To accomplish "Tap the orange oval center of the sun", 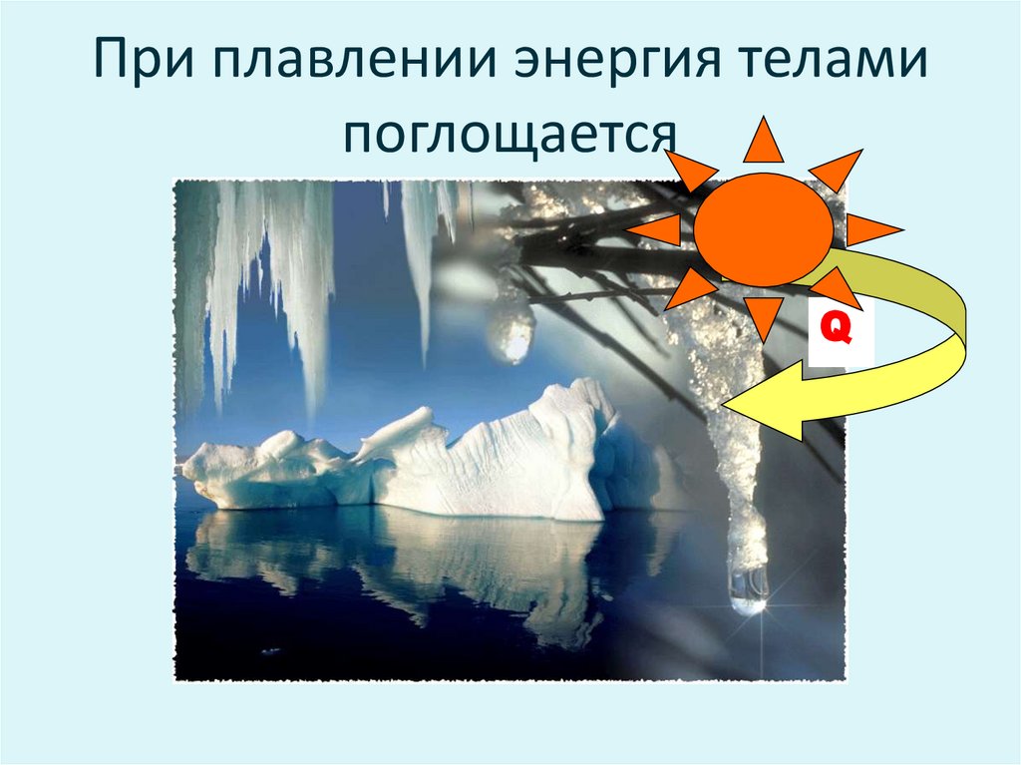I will point(763,229).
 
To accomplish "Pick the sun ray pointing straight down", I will point(766,316).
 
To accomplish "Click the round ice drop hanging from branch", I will point(511,334).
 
